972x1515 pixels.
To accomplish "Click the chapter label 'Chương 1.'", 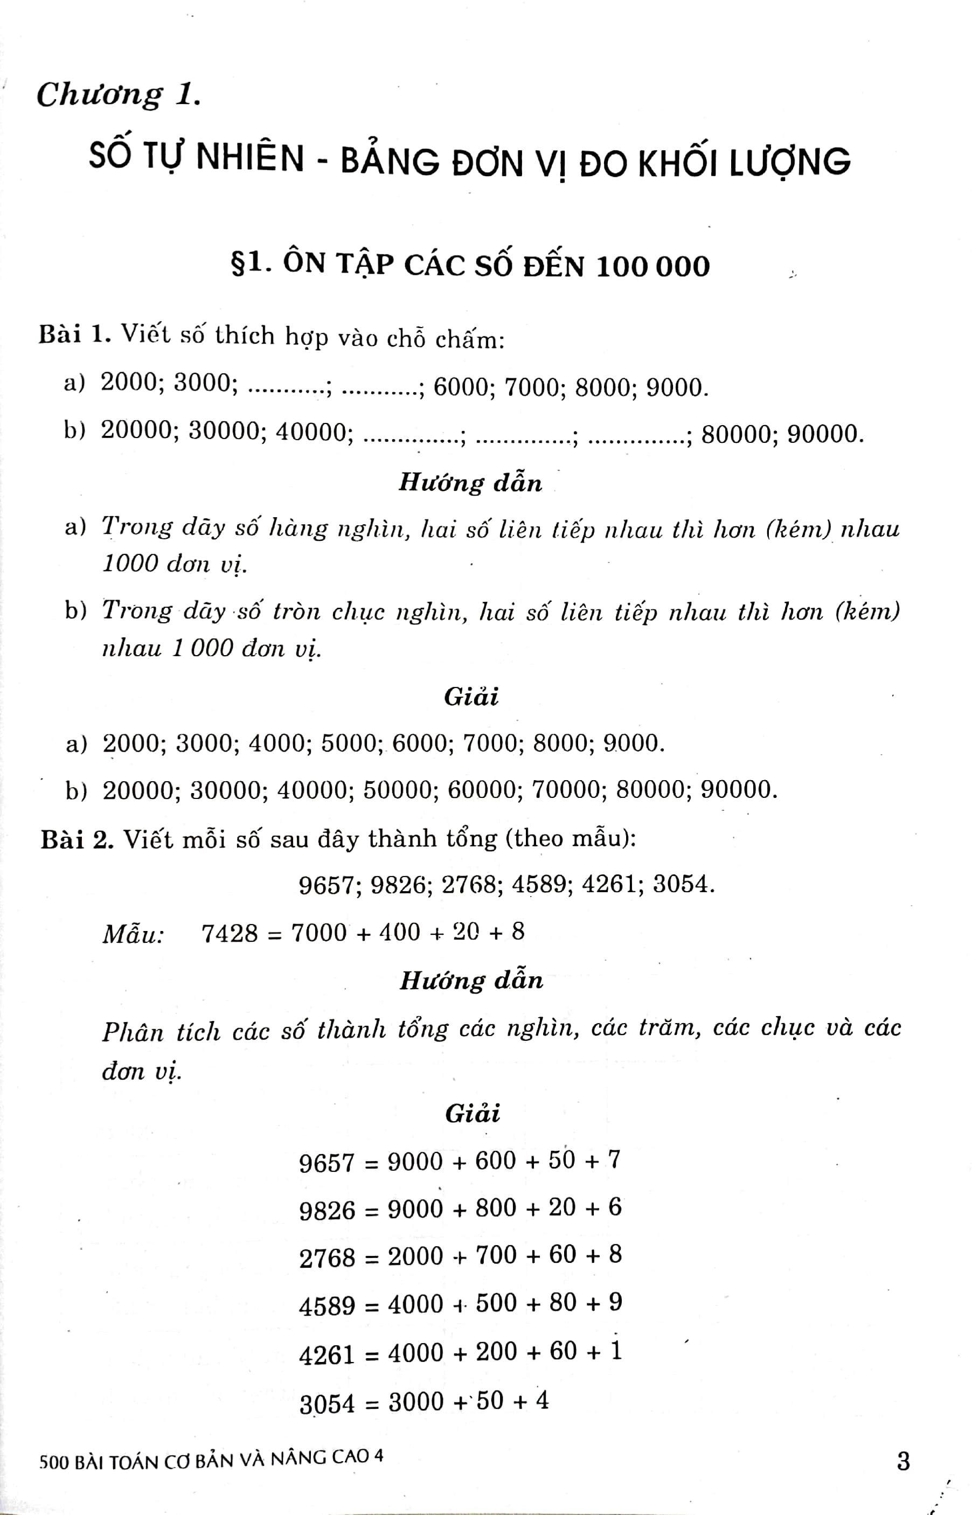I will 119,95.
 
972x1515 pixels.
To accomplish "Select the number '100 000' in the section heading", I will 652,266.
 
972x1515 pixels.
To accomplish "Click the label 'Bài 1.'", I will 75,335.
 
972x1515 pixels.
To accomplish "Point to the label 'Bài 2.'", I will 77,840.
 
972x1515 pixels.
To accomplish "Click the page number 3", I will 903,1461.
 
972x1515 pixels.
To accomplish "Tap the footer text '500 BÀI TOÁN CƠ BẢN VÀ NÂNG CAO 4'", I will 211,1460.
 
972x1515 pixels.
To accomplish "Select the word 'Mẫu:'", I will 133,933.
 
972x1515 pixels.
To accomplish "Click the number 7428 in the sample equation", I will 230,933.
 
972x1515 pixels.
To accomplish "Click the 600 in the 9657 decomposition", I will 496,1160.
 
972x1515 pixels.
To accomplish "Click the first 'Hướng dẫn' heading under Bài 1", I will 470,483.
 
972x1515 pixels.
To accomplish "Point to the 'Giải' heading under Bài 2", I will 472,1113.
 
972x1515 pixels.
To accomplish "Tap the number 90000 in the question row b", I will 824,434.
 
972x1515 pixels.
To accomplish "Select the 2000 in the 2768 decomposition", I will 415,1256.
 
